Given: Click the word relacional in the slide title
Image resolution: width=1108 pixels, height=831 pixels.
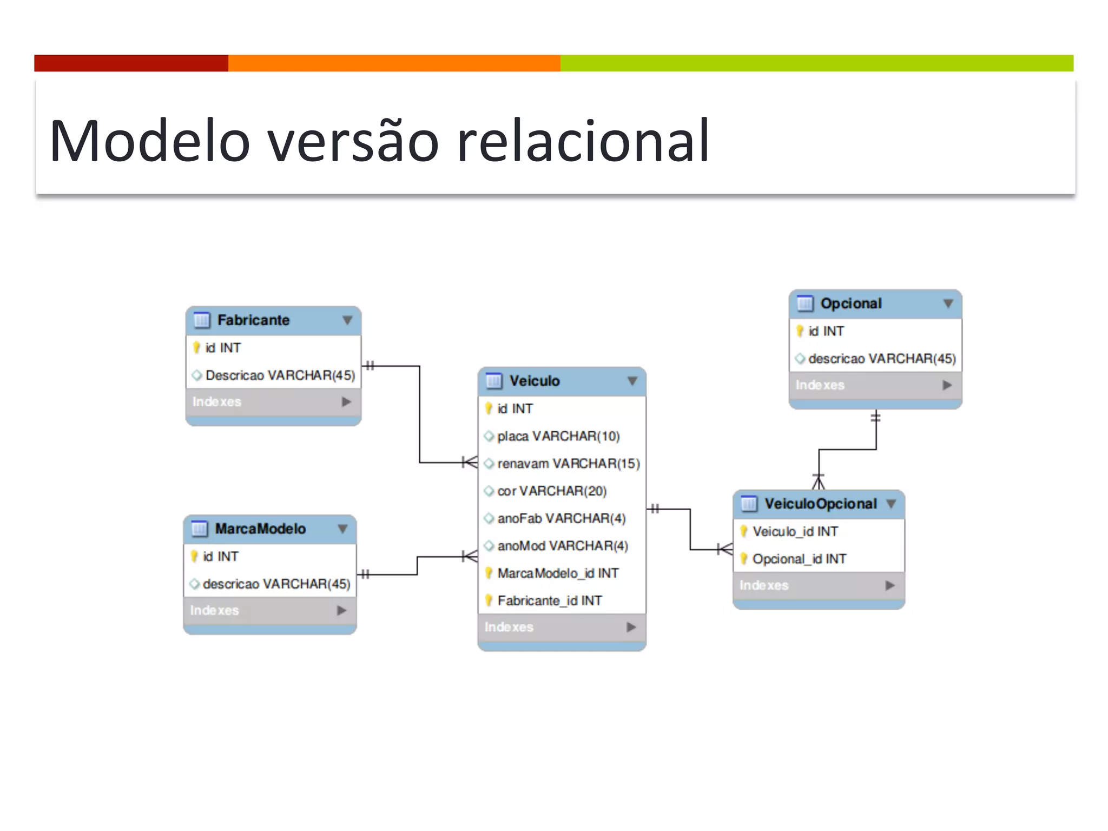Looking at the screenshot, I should (583, 142).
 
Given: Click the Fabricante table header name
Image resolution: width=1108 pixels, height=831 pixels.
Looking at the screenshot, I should (253, 320).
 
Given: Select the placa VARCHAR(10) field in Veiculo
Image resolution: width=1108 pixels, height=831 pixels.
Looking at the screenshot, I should (558, 436).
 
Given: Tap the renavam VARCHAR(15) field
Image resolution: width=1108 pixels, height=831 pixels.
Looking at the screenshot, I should (568, 464).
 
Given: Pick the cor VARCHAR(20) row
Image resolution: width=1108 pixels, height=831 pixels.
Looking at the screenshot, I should (552, 491).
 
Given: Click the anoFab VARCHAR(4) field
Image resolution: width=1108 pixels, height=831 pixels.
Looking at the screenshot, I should (561, 518).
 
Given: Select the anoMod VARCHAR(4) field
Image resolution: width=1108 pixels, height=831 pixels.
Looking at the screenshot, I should (562, 546).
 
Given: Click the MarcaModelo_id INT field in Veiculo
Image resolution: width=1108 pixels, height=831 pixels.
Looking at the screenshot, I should (557, 573).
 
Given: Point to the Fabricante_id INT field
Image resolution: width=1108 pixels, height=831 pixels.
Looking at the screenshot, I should (549, 601).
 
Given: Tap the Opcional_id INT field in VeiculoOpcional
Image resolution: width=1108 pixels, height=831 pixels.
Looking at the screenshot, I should (799, 559).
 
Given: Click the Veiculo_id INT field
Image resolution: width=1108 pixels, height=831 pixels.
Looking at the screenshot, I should (795, 532).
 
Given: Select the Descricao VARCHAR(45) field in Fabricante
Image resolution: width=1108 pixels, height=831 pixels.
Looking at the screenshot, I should (280, 375).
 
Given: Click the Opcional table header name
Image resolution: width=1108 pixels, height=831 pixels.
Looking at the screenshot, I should (850, 304).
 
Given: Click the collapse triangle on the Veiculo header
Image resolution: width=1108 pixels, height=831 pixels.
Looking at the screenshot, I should (632, 381).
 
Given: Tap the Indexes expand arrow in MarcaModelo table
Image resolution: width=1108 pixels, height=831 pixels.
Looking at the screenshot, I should (341, 610).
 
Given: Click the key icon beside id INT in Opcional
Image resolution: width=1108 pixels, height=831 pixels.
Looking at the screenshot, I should (800, 331).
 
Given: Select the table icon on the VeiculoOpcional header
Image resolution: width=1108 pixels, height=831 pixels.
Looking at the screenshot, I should (749, 504).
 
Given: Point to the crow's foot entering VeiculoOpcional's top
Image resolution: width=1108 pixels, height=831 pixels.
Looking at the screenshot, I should (819, 482).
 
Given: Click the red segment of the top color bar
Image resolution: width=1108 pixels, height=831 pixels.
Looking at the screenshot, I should (131, 63).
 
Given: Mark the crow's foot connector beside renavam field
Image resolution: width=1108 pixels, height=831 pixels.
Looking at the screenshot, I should (470, 463).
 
